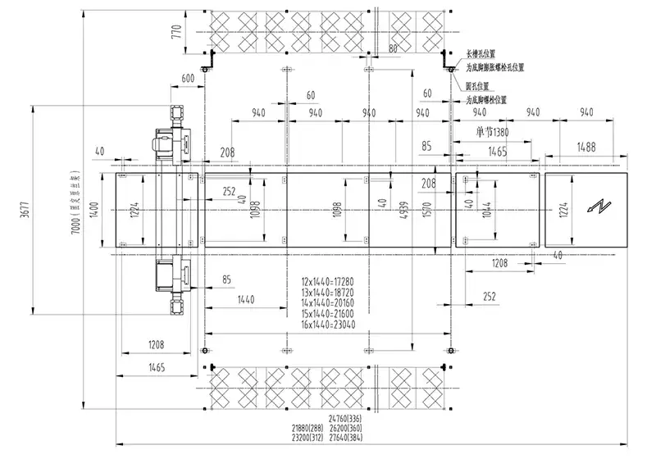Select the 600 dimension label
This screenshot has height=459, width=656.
click(187, 78)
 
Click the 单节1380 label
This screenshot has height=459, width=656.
click(499, 132)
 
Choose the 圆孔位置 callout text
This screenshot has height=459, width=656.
click(478, 85)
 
